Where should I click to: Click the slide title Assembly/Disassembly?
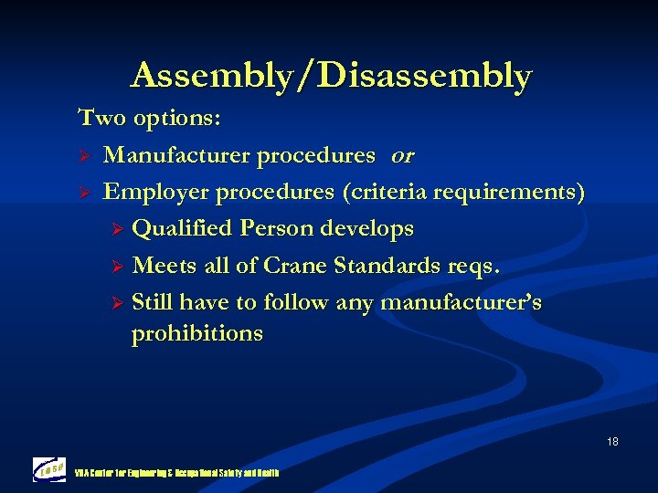[x=330, y=75]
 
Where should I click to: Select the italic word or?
[x=402, y=156]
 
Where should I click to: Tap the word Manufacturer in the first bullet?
[x=177, y=156]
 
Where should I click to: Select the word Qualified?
[x=182, y=229]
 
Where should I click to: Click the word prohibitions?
[x=196, y=334]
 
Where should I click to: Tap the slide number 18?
[x=611, y=442]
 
